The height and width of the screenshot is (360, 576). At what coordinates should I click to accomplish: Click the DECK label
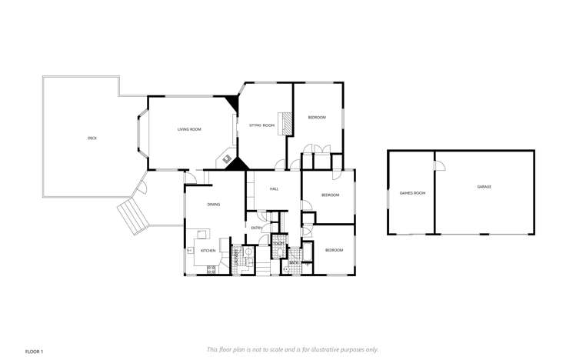[92, 138]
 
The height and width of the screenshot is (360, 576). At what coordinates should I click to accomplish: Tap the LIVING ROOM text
[189, 129]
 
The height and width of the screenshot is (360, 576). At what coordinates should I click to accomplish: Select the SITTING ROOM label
[262, 125]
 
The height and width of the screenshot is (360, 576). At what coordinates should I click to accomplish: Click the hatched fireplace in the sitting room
[286, 122]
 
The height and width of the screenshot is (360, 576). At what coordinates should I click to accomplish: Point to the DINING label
[214, 204]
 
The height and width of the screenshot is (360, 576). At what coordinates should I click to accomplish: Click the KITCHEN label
[208, 251]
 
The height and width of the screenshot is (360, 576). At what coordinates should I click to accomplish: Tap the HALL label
[273, 188]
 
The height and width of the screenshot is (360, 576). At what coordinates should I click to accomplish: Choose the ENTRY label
[257, 228]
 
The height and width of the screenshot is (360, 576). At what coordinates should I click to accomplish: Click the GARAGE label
[484, 187]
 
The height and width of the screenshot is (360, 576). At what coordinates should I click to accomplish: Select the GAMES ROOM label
[412, 192]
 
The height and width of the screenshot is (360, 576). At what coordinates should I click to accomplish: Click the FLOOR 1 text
[35, 351]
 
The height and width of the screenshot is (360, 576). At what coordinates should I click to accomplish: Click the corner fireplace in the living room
[228, 159]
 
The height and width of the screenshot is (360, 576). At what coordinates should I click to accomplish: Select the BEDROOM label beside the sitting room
[317, 117]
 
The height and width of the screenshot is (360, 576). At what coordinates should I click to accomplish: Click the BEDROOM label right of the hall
[330, 195]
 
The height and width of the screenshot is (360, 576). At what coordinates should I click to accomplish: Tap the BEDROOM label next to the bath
[333, 250]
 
